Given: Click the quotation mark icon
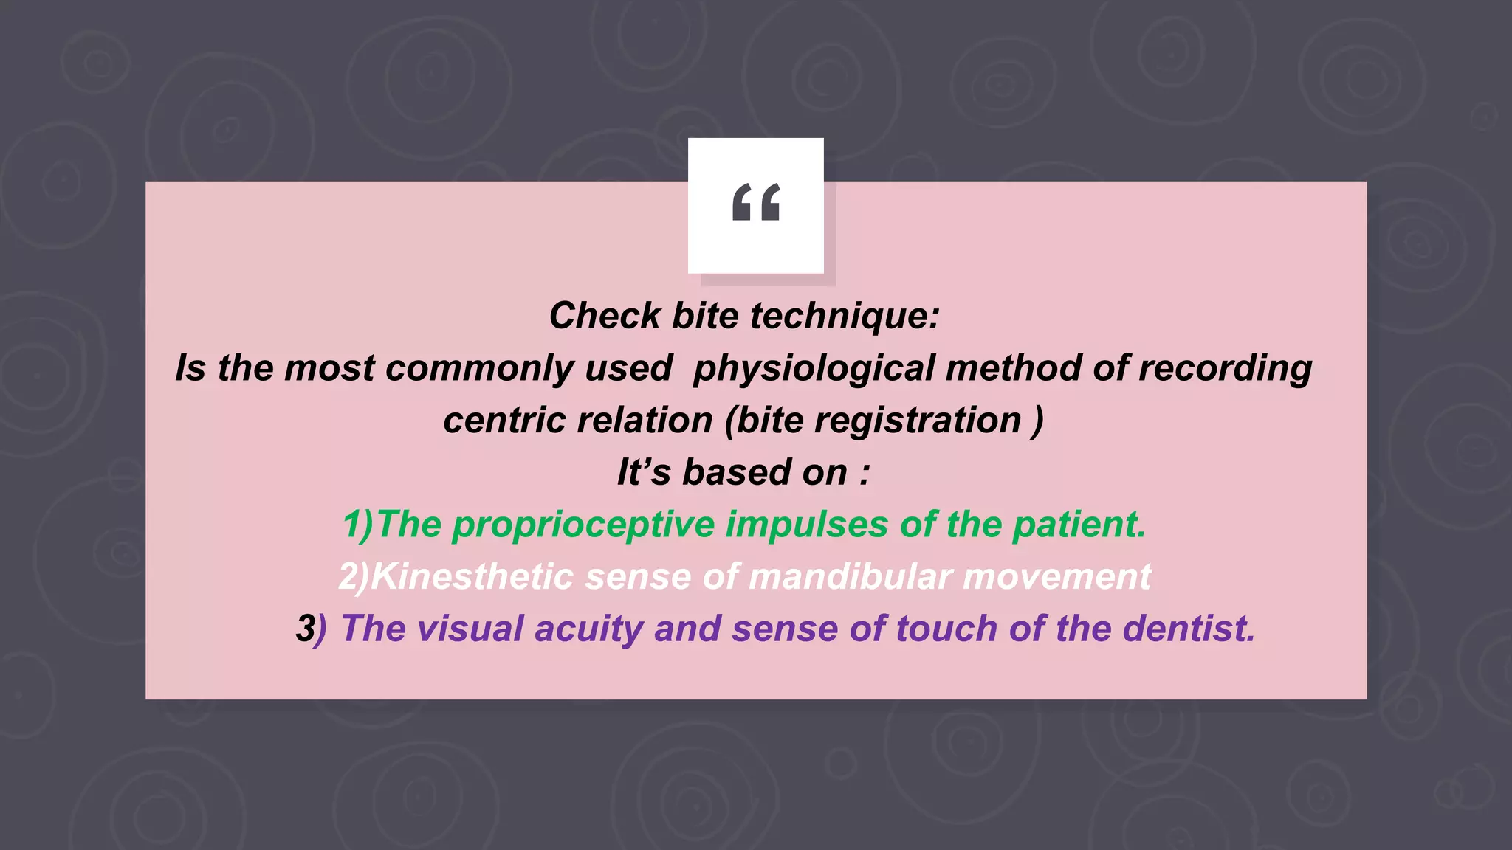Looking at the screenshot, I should tap(755, 203).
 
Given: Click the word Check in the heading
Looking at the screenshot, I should tap(605, 316).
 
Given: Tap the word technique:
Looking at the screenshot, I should tap(845, 316).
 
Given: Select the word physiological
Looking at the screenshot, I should tap(814, 368).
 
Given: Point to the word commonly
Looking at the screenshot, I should tap(478, 368).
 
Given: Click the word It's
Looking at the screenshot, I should tap(644, 472).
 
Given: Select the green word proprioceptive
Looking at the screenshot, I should tap(583, 525).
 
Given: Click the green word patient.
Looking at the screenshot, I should tap(1079, 525).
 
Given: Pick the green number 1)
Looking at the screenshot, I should tap(360, 525).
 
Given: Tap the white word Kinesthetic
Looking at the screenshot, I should tap(472, 576).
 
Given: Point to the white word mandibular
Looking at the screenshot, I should tap(850, 576).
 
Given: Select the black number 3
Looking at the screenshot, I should tap(305, 629).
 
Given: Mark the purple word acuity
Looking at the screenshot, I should tap(588, 629).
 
